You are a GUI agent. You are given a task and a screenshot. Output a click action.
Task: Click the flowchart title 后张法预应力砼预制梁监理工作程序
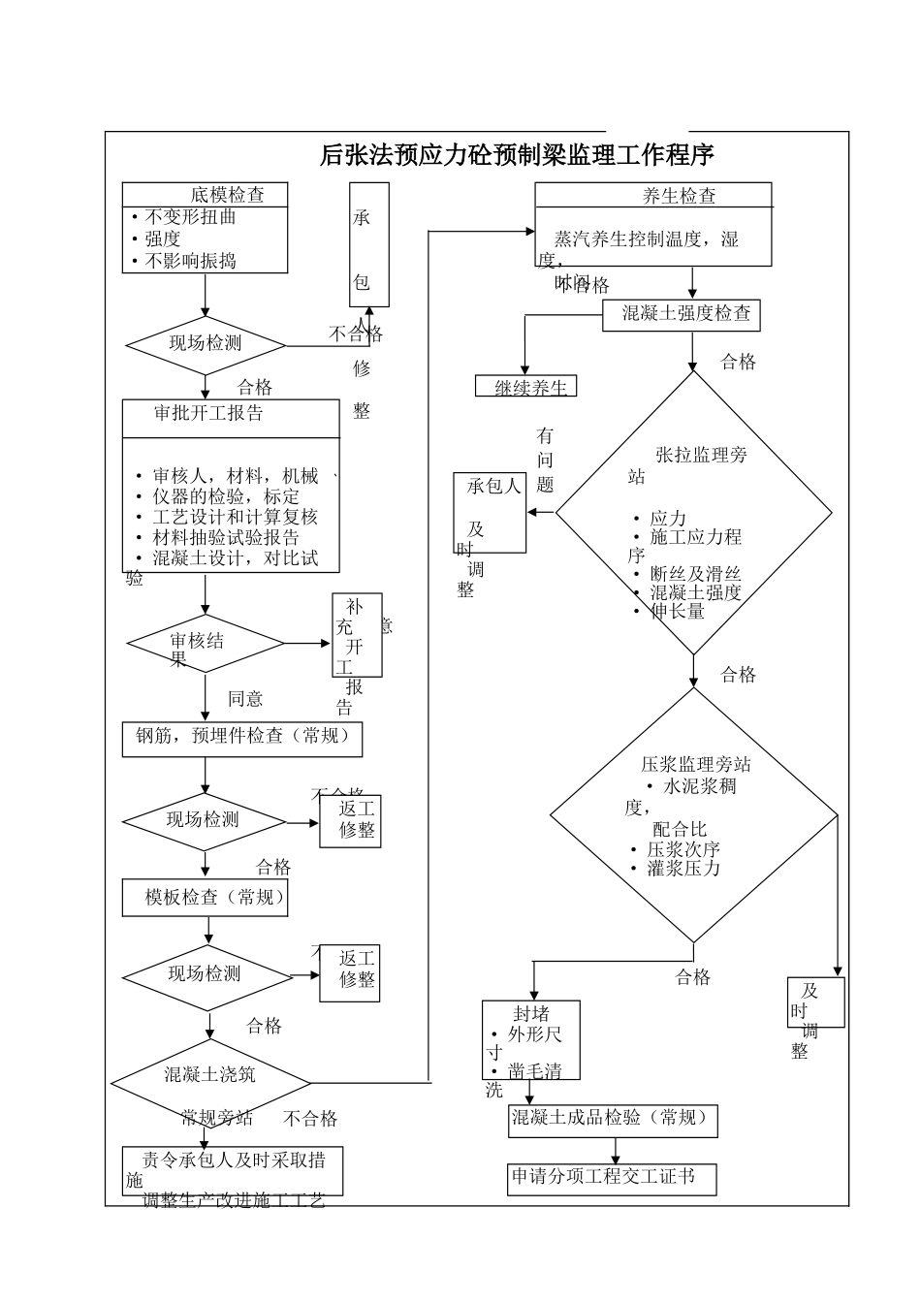(x=517, y=155)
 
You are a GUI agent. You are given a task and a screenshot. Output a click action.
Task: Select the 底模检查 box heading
(x=227, y=194)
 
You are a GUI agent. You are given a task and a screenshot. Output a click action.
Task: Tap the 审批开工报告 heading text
(x=208, y=413)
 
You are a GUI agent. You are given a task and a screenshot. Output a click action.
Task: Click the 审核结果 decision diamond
(x=205, y=644)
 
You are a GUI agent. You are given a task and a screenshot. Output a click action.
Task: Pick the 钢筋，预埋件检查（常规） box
(x=241, y=738)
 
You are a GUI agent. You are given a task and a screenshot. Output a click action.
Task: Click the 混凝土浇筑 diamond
(x=210, y=1076)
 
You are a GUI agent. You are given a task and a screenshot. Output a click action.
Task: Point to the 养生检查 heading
(x=679, y=196)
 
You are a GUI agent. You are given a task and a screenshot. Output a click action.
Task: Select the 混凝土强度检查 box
(x=686, y=313)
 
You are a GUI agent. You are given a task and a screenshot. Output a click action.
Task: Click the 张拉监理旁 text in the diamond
(x=701, y=455)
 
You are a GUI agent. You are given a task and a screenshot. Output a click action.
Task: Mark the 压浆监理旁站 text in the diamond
(x=695, y=764)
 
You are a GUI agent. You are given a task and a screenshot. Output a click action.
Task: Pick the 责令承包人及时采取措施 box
(x=233, y=1170)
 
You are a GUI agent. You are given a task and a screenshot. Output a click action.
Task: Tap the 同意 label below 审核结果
(x=245, y=699)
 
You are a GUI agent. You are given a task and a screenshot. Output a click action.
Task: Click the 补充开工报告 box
(x=357, y=636)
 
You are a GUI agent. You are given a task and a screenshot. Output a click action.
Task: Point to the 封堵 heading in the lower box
(x=531, y=1014)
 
